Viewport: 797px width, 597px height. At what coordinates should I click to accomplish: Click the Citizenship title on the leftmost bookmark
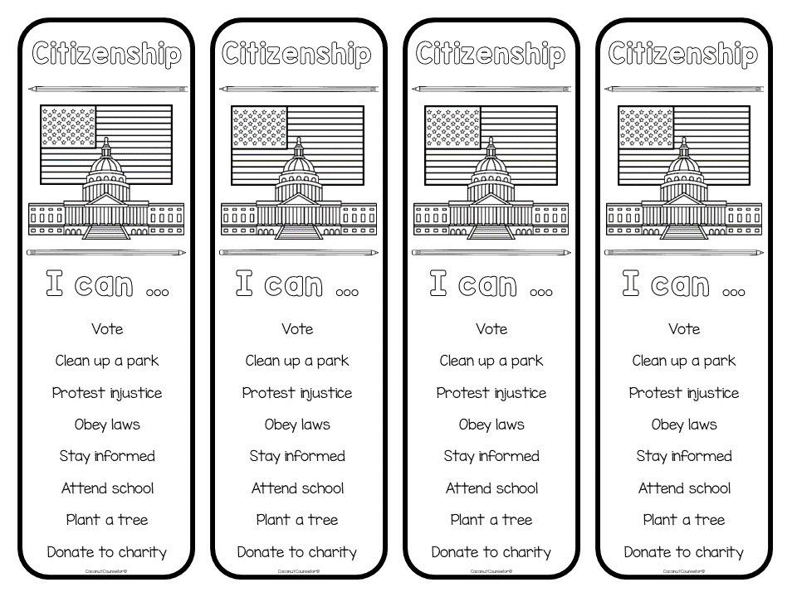(x=106, y=56)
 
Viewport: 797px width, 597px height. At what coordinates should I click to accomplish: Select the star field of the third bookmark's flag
(x=452, y=127)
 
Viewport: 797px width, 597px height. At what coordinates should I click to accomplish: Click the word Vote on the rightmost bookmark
(x=684, y=329)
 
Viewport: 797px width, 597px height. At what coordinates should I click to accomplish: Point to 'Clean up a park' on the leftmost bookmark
(x=106, y=361)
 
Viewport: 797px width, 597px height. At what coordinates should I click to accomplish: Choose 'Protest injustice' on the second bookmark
(x=297, y=393)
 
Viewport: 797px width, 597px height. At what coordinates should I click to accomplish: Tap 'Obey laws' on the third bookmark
(x=491, y=425)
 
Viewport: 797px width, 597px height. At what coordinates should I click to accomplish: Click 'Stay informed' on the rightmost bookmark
(x=684, y=456)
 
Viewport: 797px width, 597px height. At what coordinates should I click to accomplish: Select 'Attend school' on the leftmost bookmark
(x=107, y=488)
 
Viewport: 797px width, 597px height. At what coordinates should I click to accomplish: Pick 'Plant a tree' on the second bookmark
(x=297, y=520)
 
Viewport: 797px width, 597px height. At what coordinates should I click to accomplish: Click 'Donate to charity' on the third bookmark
(x=491, y=552)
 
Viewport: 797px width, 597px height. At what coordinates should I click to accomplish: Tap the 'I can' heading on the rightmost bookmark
(x=684, y=285)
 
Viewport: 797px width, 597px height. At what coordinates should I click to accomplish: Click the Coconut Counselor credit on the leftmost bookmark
(x=106, y=571)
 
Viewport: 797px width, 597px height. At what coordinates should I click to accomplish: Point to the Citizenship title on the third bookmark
(x=491, y=56)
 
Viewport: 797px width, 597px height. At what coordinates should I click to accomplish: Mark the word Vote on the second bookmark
(x=297, y=329)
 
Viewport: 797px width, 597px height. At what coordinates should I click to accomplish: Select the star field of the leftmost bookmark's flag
(x=68, y=127)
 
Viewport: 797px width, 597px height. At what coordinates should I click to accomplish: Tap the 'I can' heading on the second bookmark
(x=297, y=285)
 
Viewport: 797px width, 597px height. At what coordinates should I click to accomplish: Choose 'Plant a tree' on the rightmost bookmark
(x=684, y=520)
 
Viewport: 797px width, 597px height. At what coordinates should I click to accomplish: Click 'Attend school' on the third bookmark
(x=491, y=488)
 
